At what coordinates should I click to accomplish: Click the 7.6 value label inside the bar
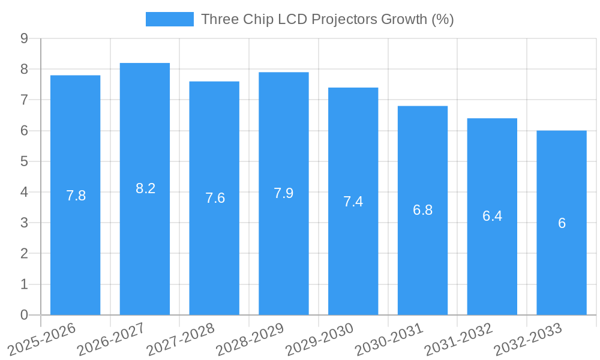point(215,198)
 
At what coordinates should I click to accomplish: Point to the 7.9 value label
point(283,193)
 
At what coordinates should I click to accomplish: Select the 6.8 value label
point(422,210)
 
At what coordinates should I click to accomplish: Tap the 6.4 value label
point(492,217)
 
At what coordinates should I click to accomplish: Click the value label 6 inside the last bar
point(562,223)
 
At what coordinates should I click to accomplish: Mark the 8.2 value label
point(145,188)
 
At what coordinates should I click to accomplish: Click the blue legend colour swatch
point(169,19)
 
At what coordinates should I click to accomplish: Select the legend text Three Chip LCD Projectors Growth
point(327,19)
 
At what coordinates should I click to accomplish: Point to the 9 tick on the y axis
point(24,38)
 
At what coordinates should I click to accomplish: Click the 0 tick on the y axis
point(24,315)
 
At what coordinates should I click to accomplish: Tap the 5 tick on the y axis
point(24,161)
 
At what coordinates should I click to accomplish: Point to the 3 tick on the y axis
point(24,223)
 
